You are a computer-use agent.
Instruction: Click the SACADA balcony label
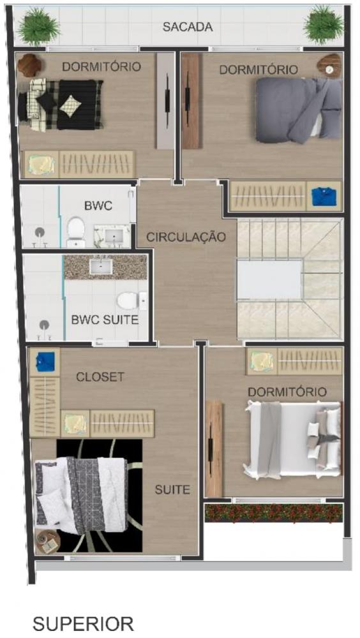[187, 27]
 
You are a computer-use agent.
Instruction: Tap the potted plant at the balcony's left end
[38, 25]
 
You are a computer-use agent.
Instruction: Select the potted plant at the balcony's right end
[324, 24]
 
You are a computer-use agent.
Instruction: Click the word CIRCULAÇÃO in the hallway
[186, 237]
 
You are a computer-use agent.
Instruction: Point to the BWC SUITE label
[105, 320]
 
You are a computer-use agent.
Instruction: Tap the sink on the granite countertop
[101, 267]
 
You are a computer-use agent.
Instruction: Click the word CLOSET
[100, 377]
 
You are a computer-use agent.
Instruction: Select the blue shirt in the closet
[45, 361]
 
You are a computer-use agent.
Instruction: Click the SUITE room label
[172, 489]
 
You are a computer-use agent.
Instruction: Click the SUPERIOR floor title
[83, 623]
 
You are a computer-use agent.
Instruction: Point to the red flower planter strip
[273, 513]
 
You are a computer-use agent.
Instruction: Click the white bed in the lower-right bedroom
[292, 439]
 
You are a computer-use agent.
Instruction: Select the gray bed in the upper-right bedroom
[299, 109]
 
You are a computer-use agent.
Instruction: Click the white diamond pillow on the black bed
[70, 106]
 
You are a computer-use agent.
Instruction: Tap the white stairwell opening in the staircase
[269, 280]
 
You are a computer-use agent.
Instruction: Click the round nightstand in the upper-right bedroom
[330, 66]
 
